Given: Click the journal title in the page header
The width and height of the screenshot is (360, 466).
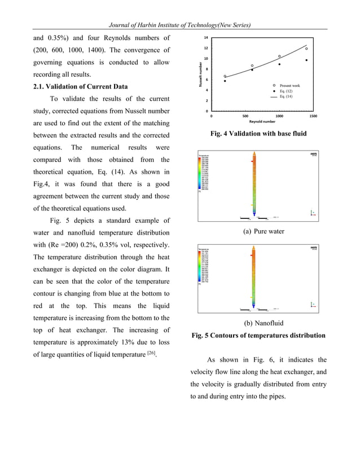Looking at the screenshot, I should pos(180,25).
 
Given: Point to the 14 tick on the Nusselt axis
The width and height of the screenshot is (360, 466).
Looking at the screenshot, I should pos(206,37).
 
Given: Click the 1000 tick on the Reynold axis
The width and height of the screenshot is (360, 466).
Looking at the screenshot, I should pos(279,116).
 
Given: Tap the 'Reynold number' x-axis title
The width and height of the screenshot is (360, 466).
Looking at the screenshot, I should pos(262,121).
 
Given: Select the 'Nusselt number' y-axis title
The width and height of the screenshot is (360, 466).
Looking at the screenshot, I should pos(200,74).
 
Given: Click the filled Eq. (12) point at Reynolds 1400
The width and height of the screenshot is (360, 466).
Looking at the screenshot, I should pos(306,60).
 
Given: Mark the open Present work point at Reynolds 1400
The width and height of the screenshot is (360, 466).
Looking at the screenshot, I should pos(306,49).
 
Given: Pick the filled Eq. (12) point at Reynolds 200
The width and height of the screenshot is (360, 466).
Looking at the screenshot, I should pos(225,81).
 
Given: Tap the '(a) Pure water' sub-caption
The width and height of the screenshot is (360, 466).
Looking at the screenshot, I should pos(263,231).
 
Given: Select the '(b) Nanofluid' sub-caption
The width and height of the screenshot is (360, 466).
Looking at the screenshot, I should pos(263,323).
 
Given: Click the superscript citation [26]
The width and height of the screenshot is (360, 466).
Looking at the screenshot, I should pos(151,353).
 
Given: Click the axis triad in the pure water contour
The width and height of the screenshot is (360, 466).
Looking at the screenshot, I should pos(312,213).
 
